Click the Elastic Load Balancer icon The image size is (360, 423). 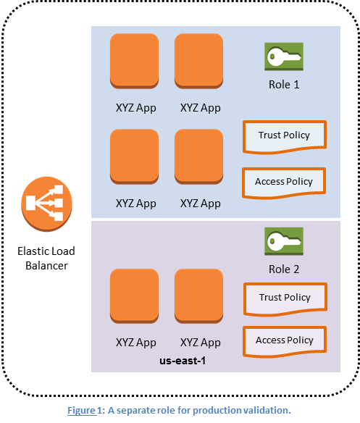[x=43, y=204]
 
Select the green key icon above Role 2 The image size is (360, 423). [x=283, y=242]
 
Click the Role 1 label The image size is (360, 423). [x=284, y=84]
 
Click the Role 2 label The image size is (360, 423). [x=284, y=269]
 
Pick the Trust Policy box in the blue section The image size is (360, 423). [x=284, y=136]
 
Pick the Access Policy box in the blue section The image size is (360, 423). [x=284, y=181]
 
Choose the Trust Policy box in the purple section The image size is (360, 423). [x=284, y=298]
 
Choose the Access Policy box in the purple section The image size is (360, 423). [x=284, y=340]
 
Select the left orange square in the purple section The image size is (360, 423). [x=133, y=297]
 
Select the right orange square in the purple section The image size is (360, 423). [x=199, y=297]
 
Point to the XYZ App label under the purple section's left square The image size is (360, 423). [x=135, y=342]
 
